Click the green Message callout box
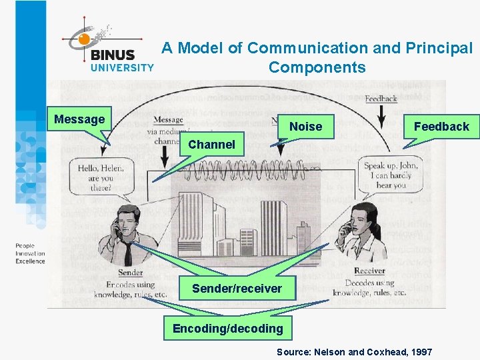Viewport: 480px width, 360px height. [x=79, y=119]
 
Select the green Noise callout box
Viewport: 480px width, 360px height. [x=305, y=126]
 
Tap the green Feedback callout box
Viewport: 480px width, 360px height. [x=441, y=126]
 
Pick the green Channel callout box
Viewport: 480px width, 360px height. [x=211, y=144]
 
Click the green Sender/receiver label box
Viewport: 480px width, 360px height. [x=237, y=288]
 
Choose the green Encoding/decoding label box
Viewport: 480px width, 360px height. [x=227, y=328]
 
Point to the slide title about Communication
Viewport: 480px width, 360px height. [x=317, y=57]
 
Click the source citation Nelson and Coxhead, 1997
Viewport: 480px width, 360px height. [x=354, y=351]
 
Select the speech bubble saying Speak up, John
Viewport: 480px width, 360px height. [x=391, y=175]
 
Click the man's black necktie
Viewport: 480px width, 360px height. [x=127, y=253]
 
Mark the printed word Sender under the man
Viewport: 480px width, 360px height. [x=130, y=273]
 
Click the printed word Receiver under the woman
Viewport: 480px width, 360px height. [x=369, y=271]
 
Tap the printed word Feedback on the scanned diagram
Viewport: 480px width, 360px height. [x=381, y=99]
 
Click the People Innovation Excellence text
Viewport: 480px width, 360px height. [x=30, y=254]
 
